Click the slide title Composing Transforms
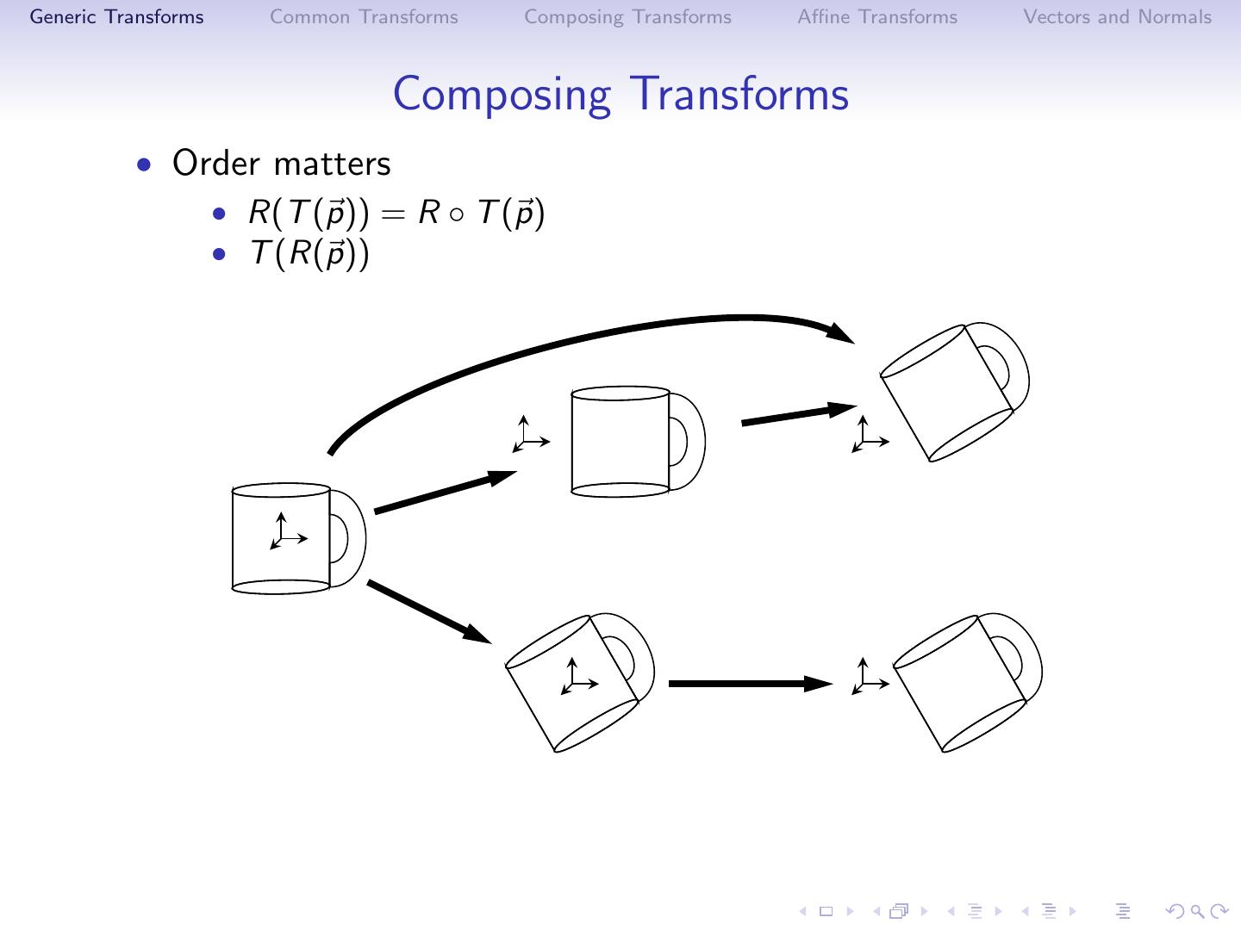(x=620, y=94)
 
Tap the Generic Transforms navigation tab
(x=117, y=17)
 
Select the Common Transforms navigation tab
(x=364, y=17)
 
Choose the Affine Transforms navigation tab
(x=877, y=17)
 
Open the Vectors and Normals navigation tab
(x=1117, y=17)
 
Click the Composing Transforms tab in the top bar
(x=627, y=17)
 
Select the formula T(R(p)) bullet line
(x=309, y=253)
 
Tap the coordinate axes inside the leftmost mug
(x=286, y=532)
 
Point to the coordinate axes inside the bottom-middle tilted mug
(x=577, y=677)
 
